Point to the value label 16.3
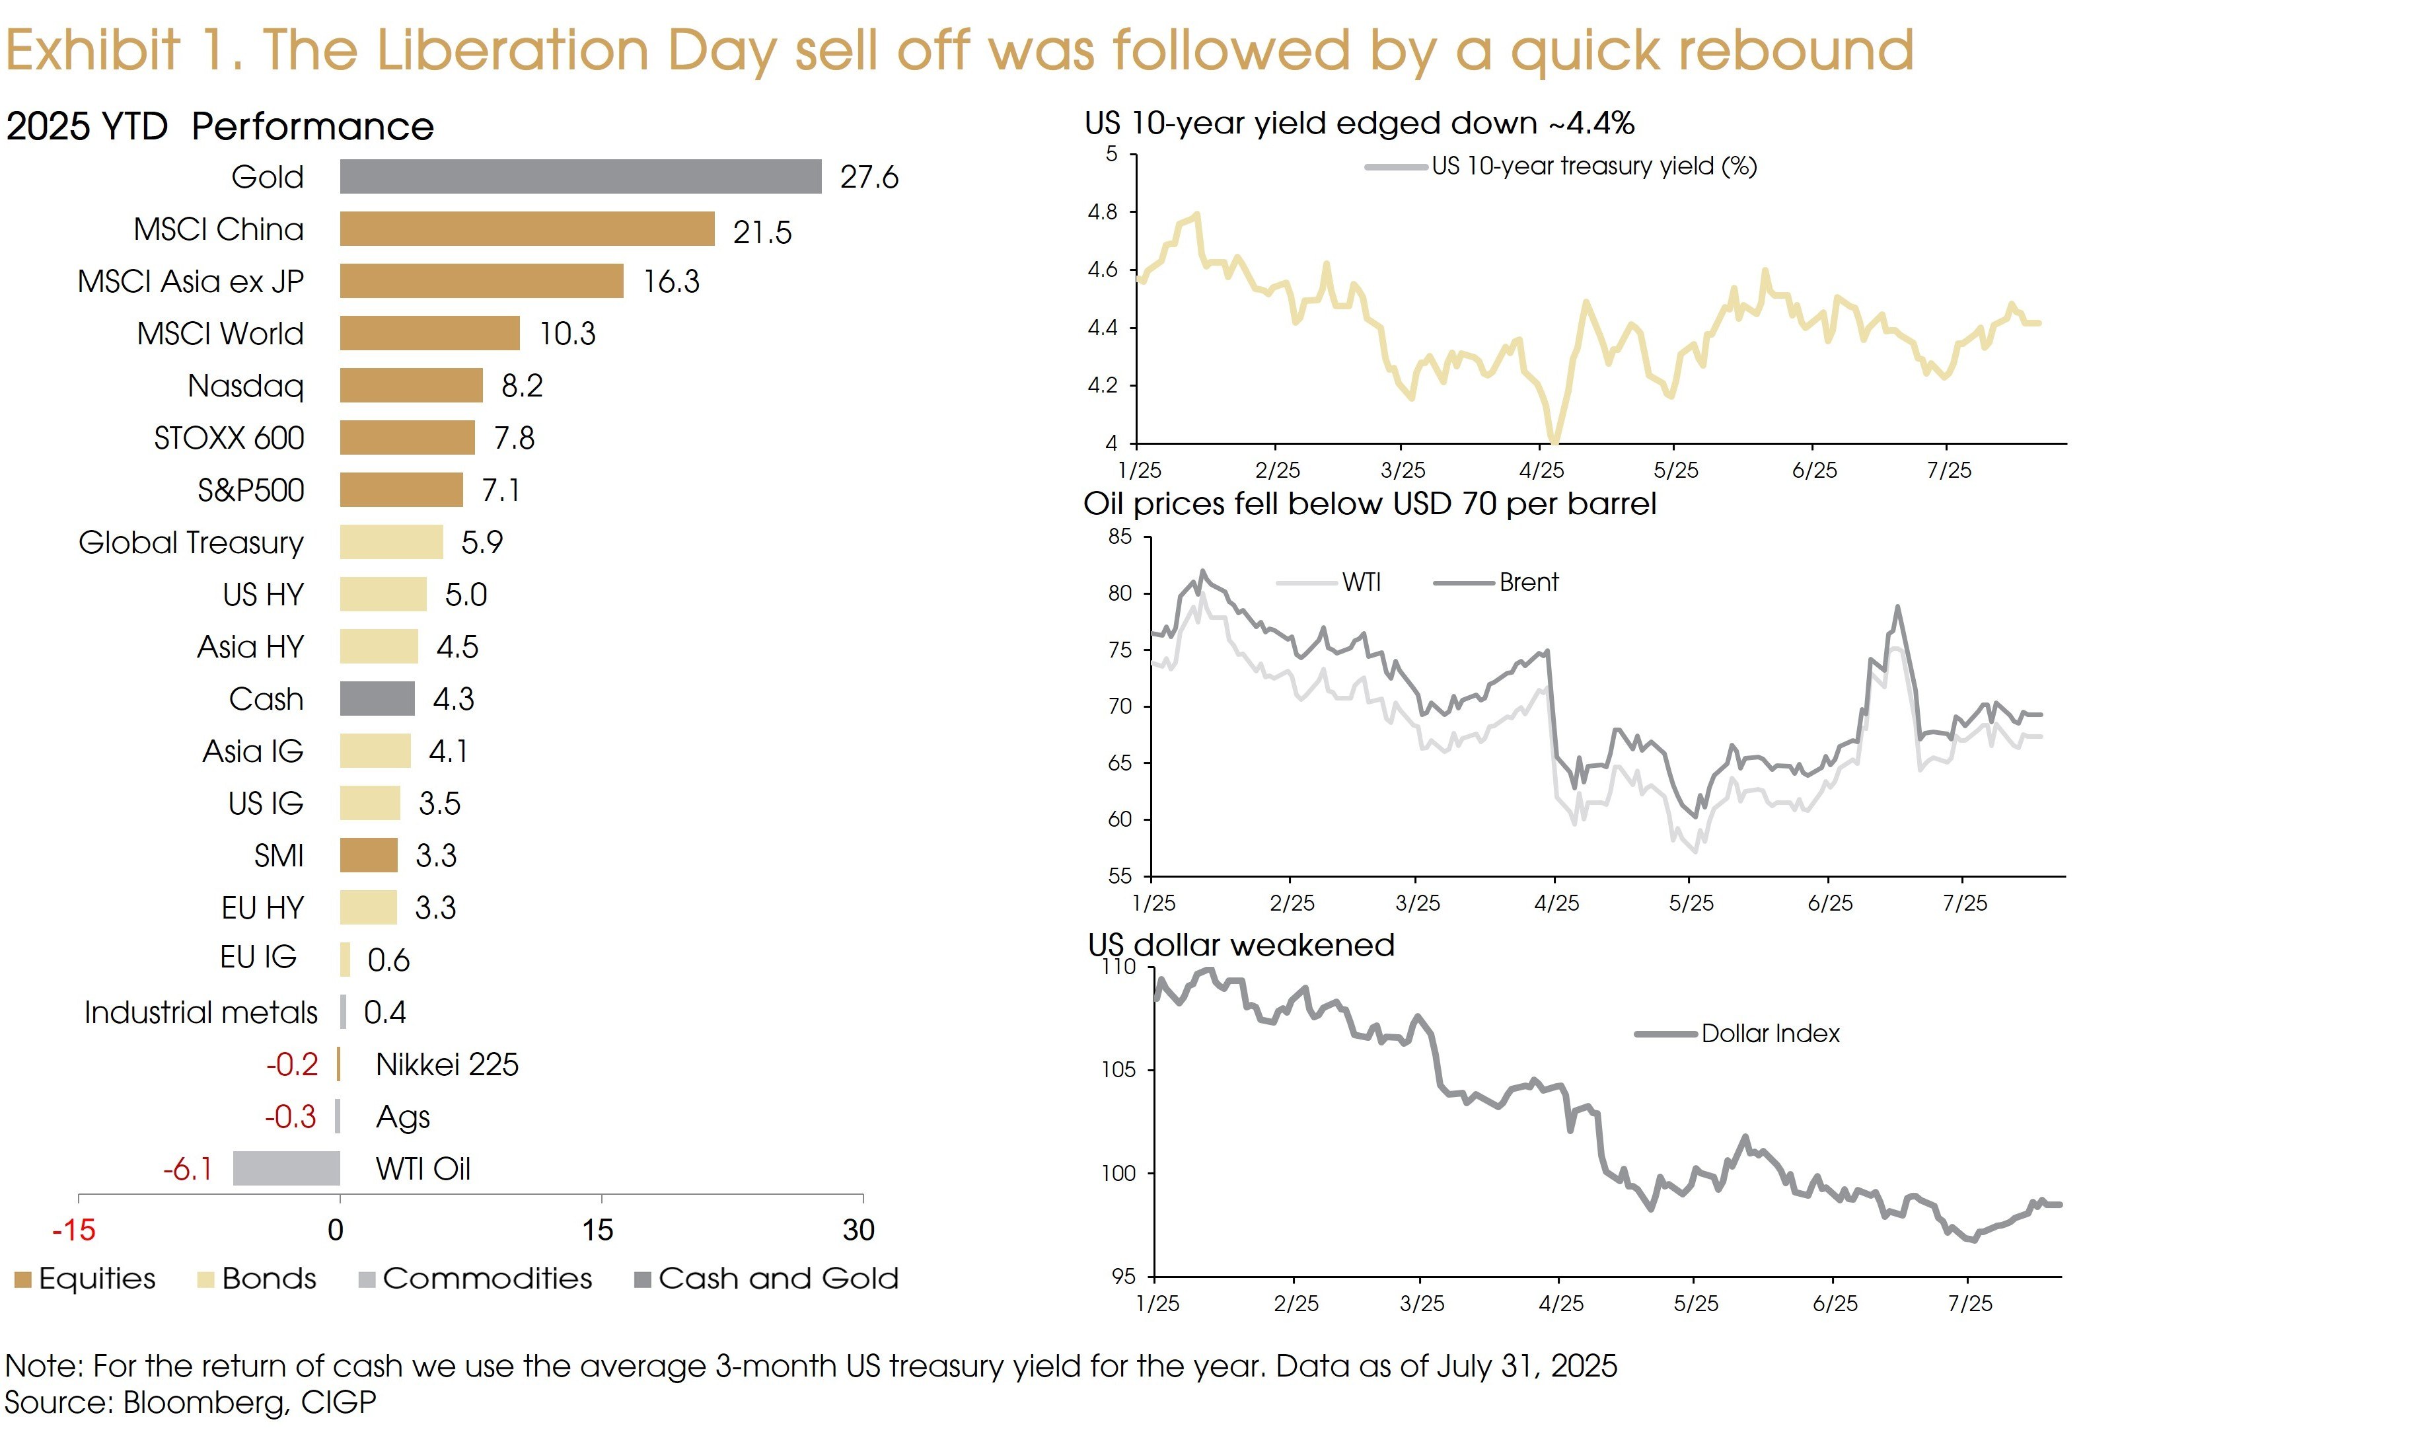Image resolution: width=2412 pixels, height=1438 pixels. click(671, 282)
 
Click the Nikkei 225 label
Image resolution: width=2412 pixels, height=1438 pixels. click(447, 1065)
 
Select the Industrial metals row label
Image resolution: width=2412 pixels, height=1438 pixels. click(201, 1012)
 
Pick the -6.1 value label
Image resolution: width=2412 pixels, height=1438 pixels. click(188, 1170)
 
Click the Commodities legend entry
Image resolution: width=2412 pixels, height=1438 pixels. click(486, 1279)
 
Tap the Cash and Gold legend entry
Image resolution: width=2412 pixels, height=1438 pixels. click(778, 1279)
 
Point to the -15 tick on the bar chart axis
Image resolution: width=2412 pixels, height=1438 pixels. click(73, 1230)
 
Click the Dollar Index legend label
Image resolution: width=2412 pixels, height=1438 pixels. click(1769, 1034)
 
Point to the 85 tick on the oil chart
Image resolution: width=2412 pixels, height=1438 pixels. click(1120, 537)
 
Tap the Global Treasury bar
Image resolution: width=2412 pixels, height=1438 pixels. click(391, 543)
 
